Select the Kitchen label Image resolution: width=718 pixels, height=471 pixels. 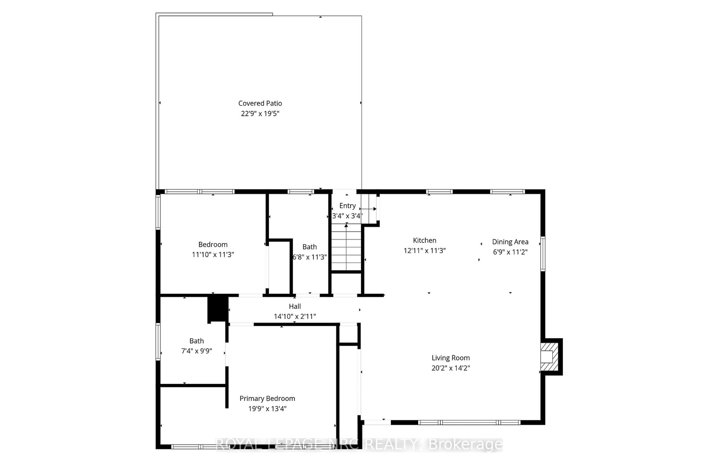coord(424,241)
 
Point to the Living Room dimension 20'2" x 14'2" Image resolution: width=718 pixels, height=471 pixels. coord(450,368)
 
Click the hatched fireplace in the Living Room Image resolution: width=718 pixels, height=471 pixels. coord(550,357)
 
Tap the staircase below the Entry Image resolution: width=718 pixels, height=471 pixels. coord(346,247)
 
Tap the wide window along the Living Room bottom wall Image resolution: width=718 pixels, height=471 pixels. coord(470,422)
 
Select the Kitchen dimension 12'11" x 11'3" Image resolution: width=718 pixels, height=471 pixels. coord(424,251)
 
